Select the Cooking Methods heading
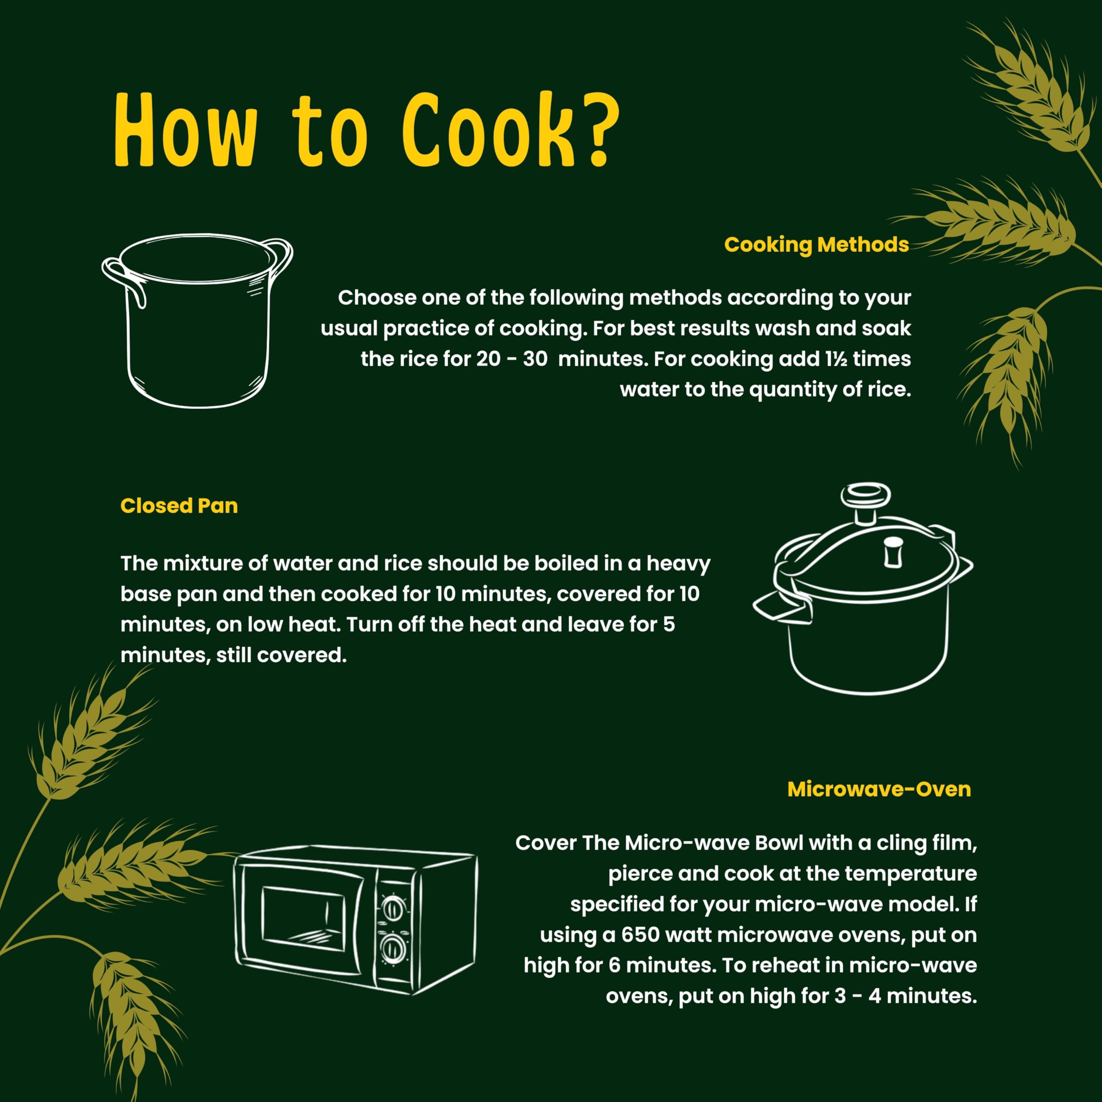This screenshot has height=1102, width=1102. click(x=816, y=245)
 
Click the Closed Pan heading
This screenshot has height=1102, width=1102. click(x=179, y=506)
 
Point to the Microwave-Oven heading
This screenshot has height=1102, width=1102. click(x=879, y=789)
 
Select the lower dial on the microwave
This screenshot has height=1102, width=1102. click(x=393, y=949)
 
